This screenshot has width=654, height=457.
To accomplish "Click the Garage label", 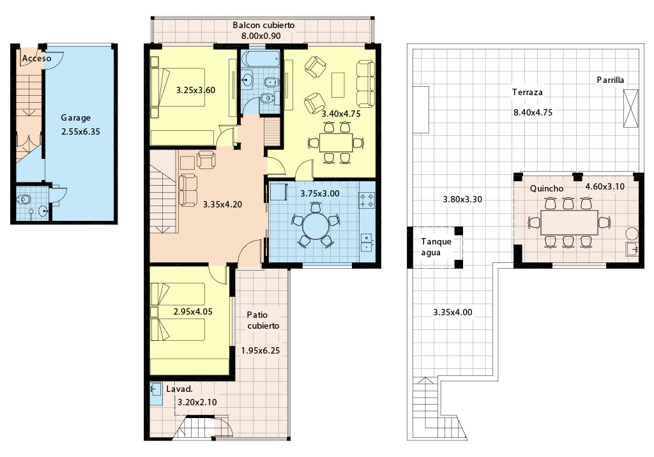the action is click(75, 118).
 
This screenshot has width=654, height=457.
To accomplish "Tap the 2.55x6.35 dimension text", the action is click(80, 131).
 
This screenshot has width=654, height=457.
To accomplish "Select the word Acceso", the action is click(36, 58).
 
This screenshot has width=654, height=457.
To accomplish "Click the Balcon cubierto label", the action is click(264, 25).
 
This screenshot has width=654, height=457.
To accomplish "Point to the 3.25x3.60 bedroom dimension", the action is click(195, 90).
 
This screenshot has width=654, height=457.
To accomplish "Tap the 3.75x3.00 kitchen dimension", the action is click(320, 193).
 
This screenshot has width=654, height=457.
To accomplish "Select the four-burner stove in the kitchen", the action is click(367, 200).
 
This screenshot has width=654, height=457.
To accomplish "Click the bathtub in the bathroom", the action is click(261, 59).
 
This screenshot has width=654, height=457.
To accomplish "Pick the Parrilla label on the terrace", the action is click(610, 80).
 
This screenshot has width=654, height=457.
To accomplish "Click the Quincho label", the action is click(547, 188).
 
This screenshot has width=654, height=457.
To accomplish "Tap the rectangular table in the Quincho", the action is click(569, 223).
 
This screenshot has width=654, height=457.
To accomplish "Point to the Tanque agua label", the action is click(436, 247).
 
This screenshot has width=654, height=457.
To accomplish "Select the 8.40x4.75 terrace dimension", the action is click(533, 112).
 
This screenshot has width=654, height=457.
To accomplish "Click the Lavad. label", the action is click(179, 389).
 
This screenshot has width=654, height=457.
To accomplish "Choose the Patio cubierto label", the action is click(262, 320).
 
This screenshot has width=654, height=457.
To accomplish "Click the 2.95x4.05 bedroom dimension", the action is click(193, 311).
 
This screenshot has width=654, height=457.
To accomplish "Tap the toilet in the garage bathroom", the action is click(24, 199).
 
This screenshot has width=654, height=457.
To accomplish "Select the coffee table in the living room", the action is click(338, 85).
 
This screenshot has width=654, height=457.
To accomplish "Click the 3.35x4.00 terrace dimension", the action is click(453, 312).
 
